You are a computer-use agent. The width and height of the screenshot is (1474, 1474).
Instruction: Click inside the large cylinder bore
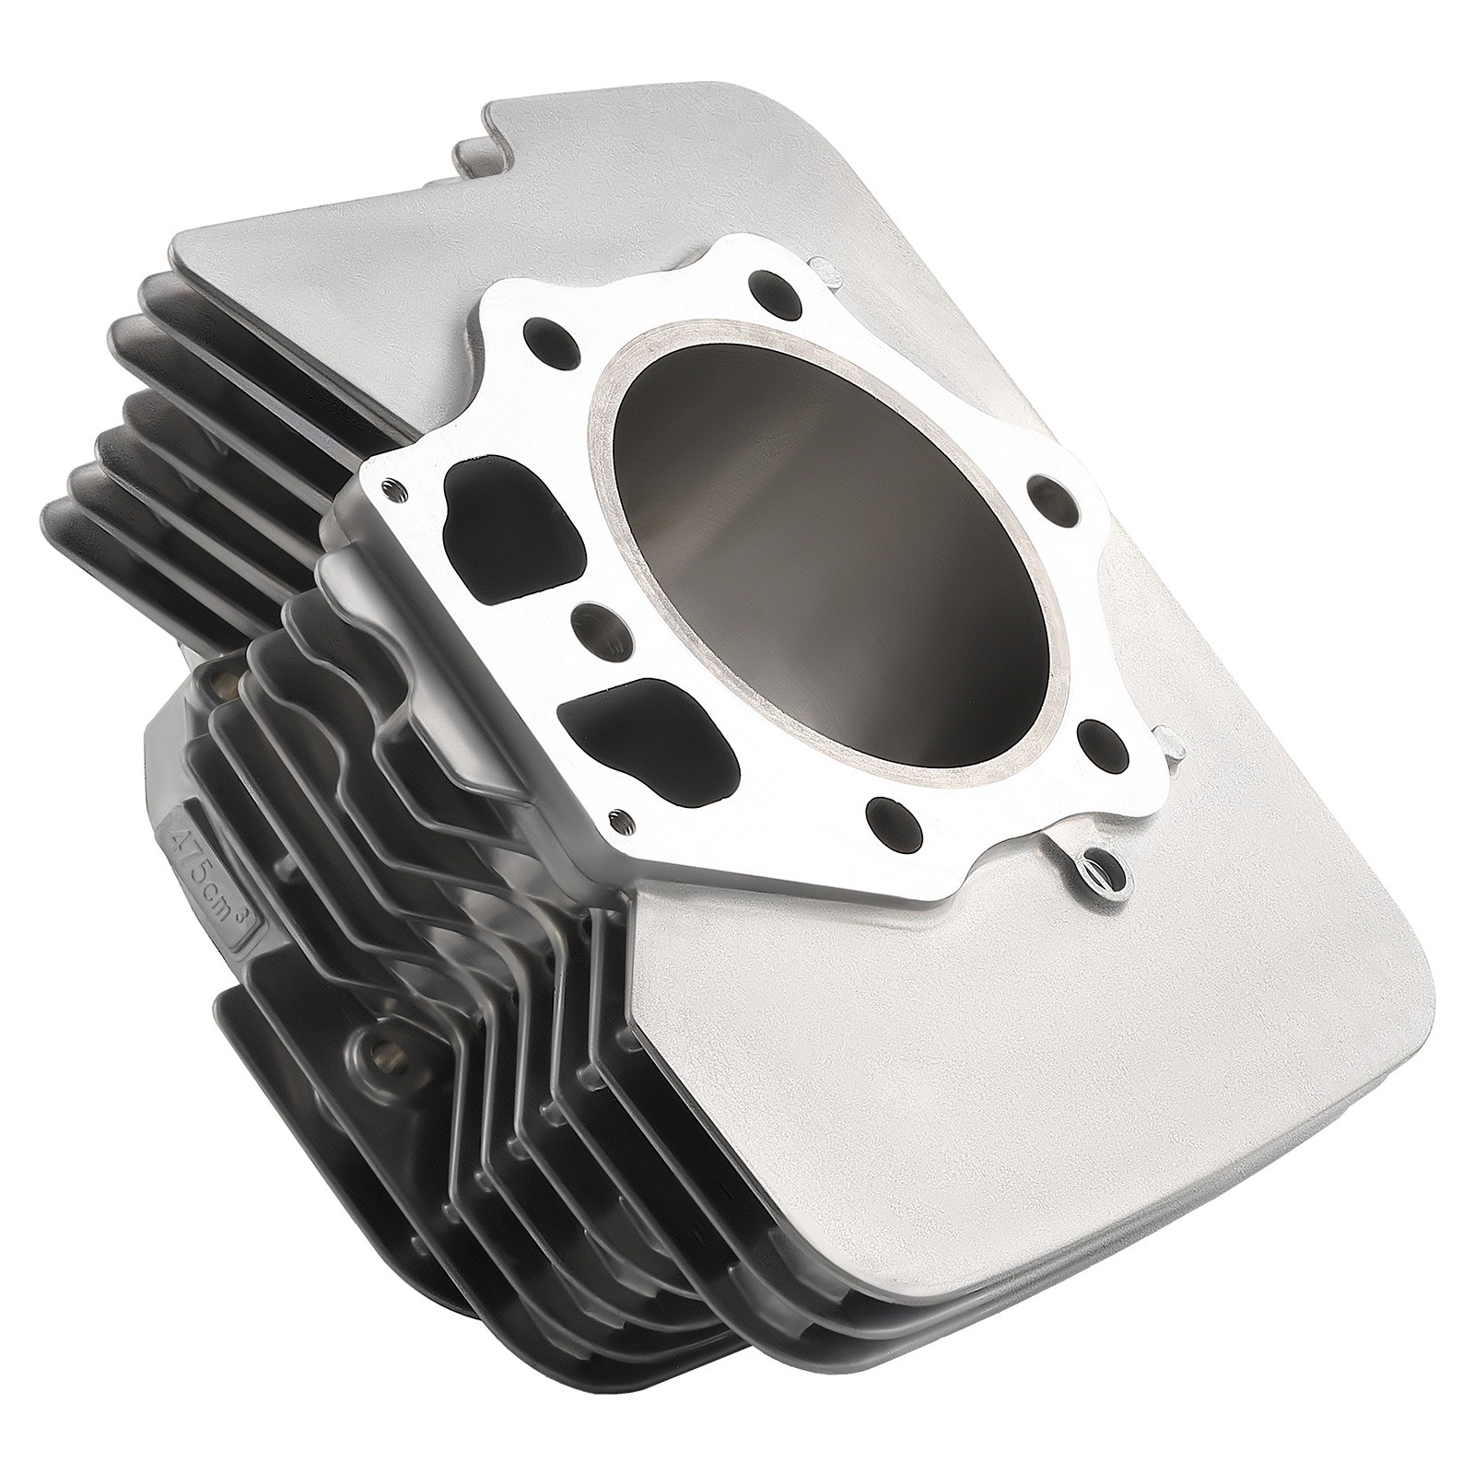[x=829, y=553]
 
